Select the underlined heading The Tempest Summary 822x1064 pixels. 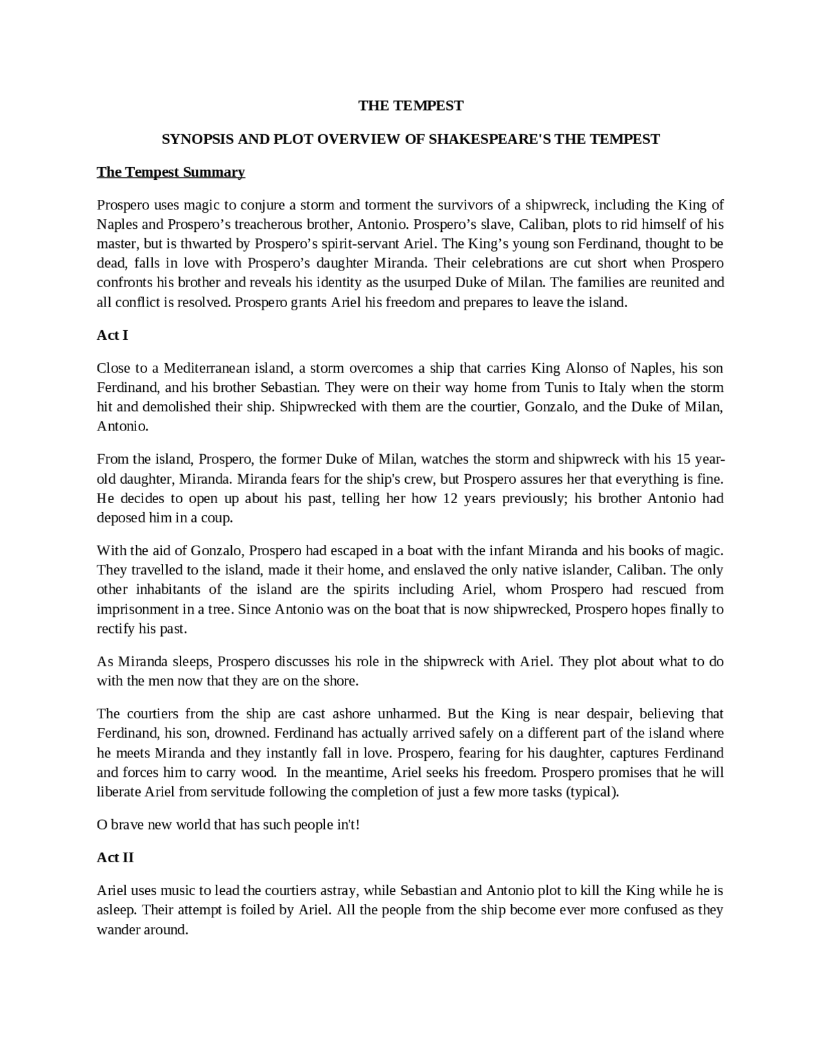[171, 172]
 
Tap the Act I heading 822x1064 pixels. [112, 335]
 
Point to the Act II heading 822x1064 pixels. [116, 858]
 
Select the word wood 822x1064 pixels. [258, 772]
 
